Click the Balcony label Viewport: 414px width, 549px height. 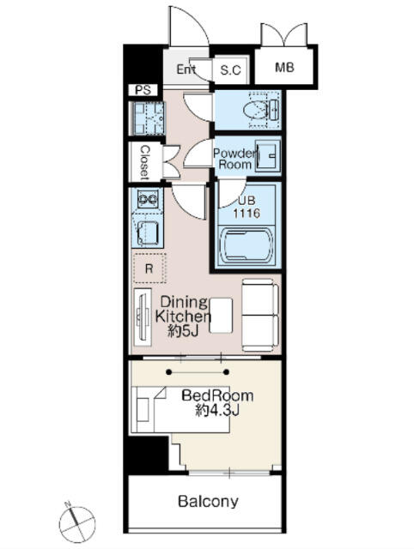tap(208, 501)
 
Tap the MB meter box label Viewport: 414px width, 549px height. tap(284, 67)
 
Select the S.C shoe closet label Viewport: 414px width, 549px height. tap(231, 70)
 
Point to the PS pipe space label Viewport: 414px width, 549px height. tap(143, 90)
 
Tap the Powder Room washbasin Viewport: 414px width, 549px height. tap(268, 155)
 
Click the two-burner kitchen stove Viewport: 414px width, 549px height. tap(148, 200)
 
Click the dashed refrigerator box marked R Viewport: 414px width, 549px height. tap(149, 268)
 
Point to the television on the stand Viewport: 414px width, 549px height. tap(143, 317)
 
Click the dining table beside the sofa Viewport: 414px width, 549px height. tap(221, 315)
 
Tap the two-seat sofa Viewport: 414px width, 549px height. tap(259, 315)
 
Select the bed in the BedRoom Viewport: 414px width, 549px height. tap(180, 409)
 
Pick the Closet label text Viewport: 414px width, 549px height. tap(144, 163)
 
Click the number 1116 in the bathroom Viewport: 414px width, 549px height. tap(247, 213)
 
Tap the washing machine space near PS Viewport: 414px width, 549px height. tap(147, 118)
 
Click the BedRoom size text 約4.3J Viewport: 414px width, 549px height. tap(217, 410)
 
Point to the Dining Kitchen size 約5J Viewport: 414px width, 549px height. tap(183, 331)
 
